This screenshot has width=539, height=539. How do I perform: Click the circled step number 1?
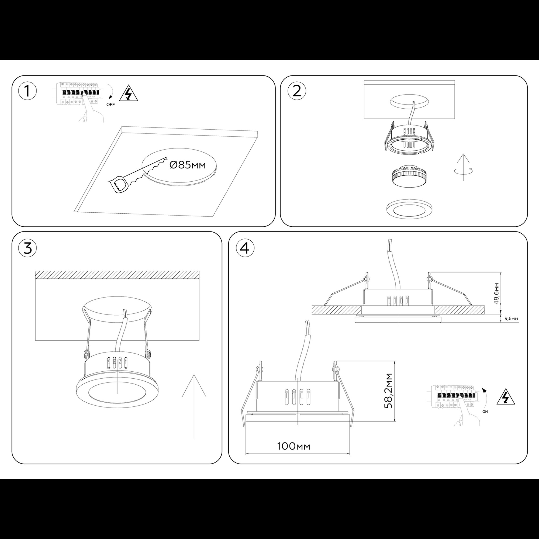[x=27, y=91]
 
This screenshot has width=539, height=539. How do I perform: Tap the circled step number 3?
[x=27, y=248]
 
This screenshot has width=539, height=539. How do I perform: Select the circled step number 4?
[x=245, y=248]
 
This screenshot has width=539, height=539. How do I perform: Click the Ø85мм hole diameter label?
[x=188, y=165]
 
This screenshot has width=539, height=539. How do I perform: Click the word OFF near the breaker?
[x=110, y=105]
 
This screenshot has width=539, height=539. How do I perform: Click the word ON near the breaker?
[x=485, y=412]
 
